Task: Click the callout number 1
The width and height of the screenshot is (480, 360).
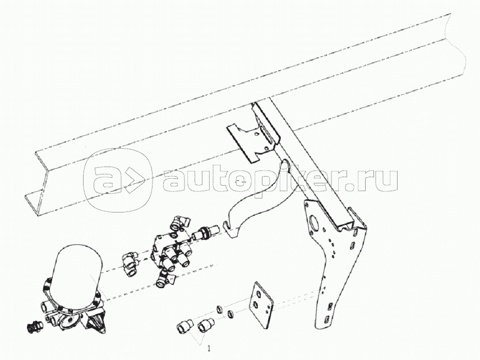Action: point(209,348)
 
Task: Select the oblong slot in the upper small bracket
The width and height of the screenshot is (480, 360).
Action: point(266,133)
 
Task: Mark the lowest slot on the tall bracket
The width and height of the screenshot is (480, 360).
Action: point(326,319)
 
